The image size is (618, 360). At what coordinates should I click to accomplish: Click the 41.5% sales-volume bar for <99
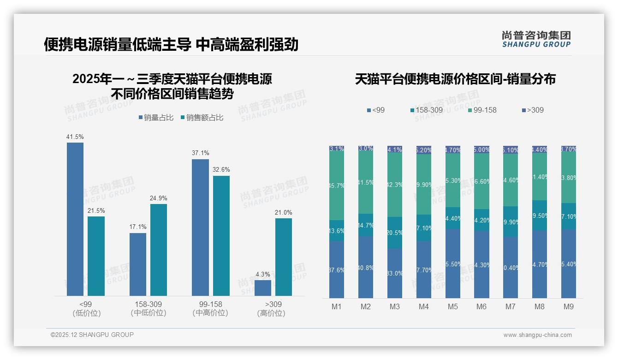tap(75, 219)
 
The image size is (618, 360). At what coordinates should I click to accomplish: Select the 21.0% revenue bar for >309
tap(284, 257)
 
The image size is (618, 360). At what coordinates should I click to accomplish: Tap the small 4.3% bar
tap(263, 288)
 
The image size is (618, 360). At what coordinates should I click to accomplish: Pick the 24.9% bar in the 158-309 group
tap(159, 250)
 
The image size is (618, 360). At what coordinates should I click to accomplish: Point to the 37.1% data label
tap(201, 153)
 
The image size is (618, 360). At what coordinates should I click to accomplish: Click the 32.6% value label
tap(221, 169)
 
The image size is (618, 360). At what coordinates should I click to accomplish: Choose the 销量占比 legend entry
tap(156, 118)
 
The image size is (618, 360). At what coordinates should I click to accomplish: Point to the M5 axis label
tap(452, 307)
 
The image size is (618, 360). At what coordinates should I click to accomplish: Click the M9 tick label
tap(569, 307)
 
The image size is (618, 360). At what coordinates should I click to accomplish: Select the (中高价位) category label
tap(210, 313)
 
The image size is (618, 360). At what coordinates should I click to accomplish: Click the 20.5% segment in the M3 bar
tap(395, 233)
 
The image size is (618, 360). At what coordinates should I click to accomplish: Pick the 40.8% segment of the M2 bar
tap(366, 267)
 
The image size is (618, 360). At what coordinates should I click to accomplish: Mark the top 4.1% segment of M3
tap(395, 150)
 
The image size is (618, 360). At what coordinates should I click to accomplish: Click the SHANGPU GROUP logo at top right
tap(536, 39)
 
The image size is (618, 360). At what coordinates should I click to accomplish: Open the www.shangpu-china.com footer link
tap(537, 335)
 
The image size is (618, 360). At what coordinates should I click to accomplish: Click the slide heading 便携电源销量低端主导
tap(118, 44)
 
